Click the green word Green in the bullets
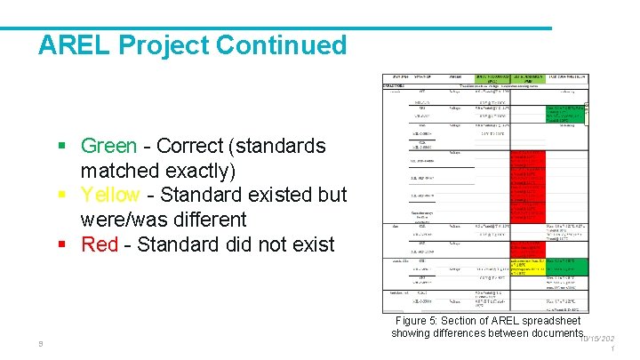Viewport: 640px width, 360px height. point(108,146)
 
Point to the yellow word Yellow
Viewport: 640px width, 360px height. point(110,195)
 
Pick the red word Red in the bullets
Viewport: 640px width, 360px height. point(99,244)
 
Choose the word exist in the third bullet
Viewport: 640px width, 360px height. point(308,244)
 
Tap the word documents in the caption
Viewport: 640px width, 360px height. point(541,333)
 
